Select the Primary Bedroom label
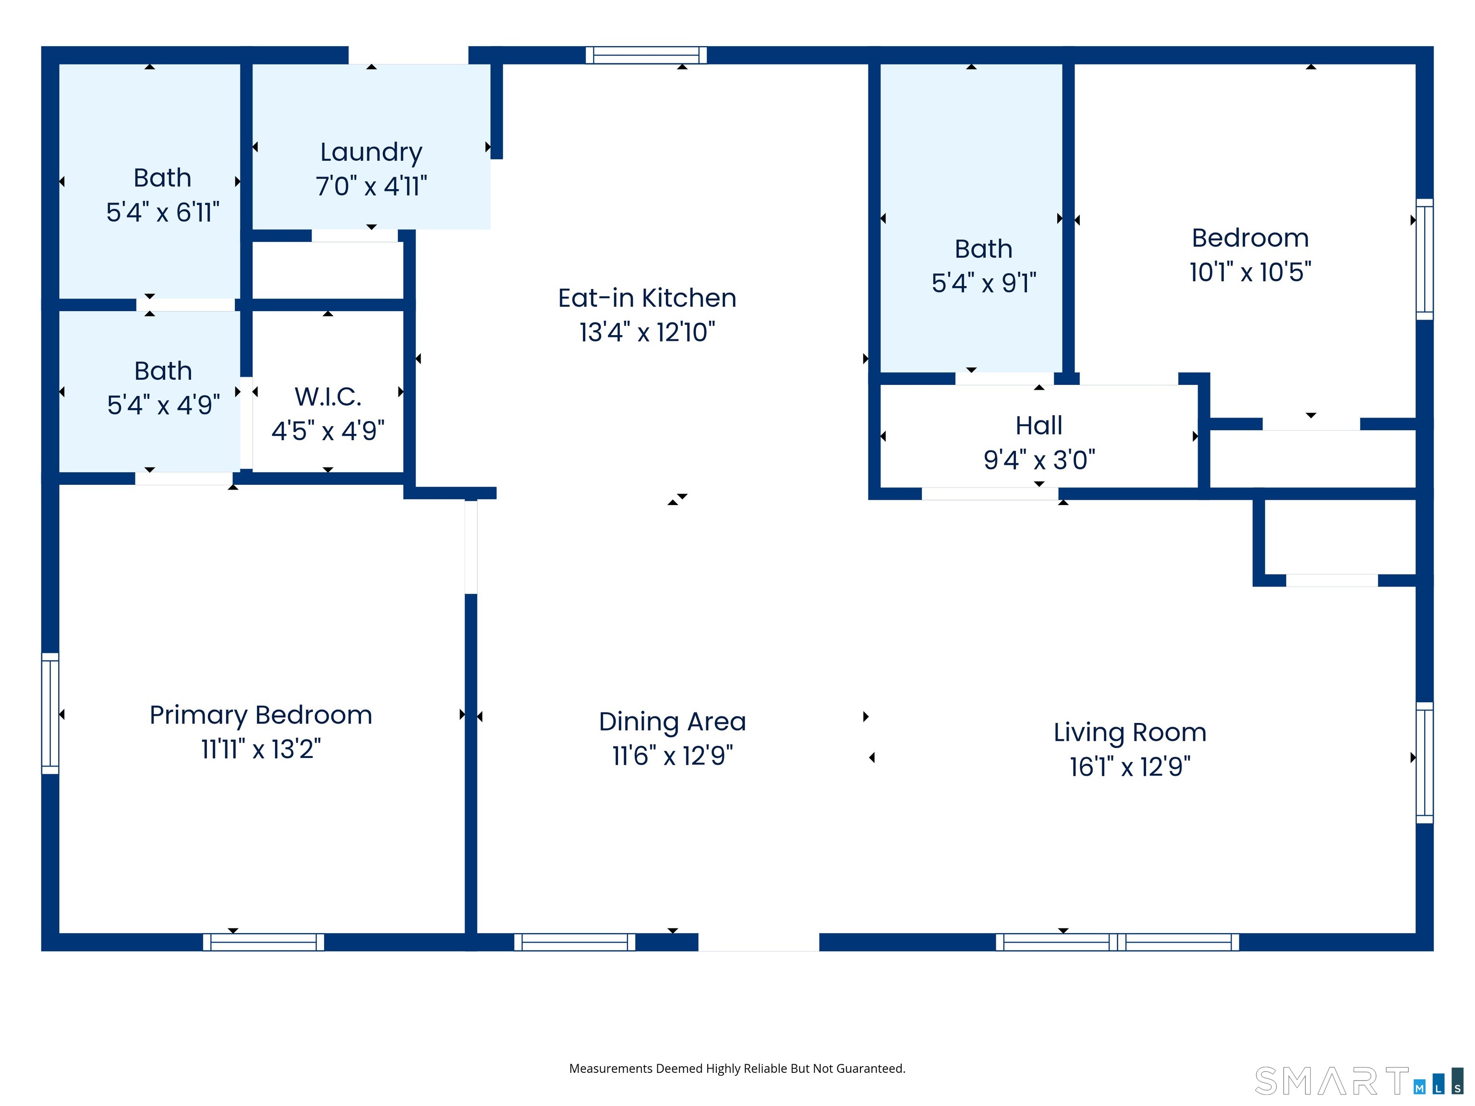pyautogui.click(x=261, y=715)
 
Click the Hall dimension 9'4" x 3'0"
pyautogui.click(x=1039, y=459)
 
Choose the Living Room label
pyautogui.click(x=1130, y=733)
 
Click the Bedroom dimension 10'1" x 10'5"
pyautogui.click(x=1250, y=272)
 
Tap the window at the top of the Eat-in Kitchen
pyautogui.click(x=645, y=55)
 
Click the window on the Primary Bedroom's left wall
pyautogui.click(x=50, y=713)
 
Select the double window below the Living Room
pyautogui.click(x=1117, y=942)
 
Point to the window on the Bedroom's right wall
pyautogui.click(x=1424, y=259)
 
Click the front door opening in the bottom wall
pyautogui.click(x=758, y=942)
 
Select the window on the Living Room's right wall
pyautogui.click(x=1424, y=762)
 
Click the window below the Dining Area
pyautogui.click(x=574, y=942)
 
